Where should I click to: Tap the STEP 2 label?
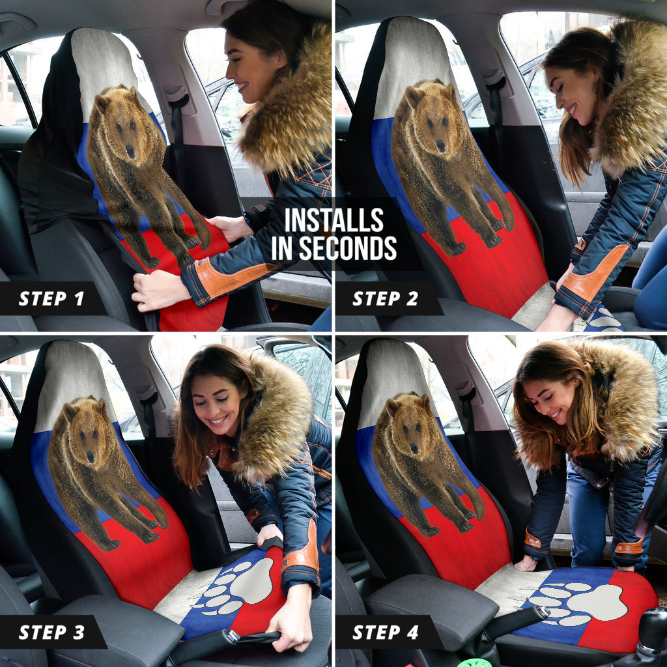pos(386,299)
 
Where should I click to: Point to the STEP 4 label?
pos(386,632)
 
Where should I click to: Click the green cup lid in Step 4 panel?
pos(482,662)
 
